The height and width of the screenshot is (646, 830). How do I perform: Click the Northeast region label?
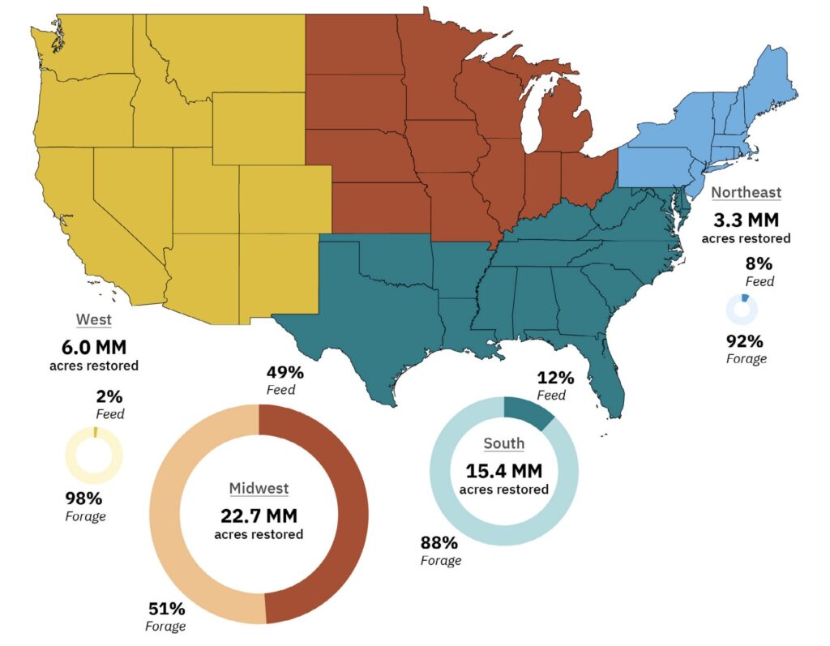pos(746,192)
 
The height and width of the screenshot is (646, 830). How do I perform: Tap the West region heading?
pos(93,319)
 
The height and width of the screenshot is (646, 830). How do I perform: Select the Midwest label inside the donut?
pos(259,488)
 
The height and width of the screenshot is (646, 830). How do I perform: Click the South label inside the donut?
pos(503,443)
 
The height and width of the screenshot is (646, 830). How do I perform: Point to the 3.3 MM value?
pos(746,220)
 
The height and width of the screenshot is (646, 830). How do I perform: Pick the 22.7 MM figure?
pos(259,516)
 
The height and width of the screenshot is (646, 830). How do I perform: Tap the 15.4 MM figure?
pos(503,470)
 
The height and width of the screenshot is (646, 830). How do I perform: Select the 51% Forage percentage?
pos(166,609)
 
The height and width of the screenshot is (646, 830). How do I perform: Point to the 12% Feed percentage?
pos(555,378)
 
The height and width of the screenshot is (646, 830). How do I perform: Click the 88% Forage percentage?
pos(439,543)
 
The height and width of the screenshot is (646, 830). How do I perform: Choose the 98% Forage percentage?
pos(84,498)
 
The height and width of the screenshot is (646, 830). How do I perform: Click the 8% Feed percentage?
pos(759,263)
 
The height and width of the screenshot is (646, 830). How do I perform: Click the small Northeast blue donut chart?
pos(742,310)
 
